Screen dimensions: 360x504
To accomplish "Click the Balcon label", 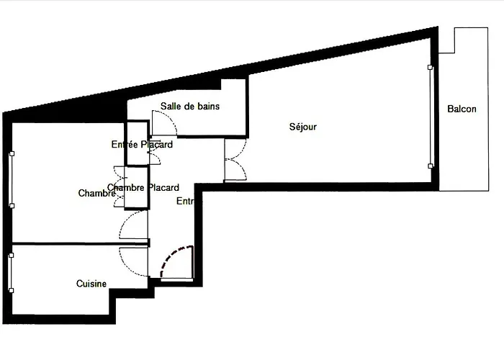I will pos(462,109).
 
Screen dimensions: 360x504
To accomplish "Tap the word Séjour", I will pos(303,127).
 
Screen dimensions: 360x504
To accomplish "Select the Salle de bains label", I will pos(190,106).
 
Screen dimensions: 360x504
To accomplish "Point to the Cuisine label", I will pos(91,284).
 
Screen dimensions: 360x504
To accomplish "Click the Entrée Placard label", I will pos(142,145).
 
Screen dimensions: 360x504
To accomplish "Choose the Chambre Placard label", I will pos(143,188).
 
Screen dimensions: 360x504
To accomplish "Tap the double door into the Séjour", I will pos(235,160).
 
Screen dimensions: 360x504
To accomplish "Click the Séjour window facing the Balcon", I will pos(431,117).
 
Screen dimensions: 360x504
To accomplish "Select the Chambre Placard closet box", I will pos(136,188).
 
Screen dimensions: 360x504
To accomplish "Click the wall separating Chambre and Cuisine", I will pos(72,244).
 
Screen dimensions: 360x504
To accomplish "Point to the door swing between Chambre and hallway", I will pos(134,226).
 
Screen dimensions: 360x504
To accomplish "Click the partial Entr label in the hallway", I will pos(186,202).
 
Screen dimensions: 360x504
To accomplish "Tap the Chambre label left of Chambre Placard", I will pos(96,193).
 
